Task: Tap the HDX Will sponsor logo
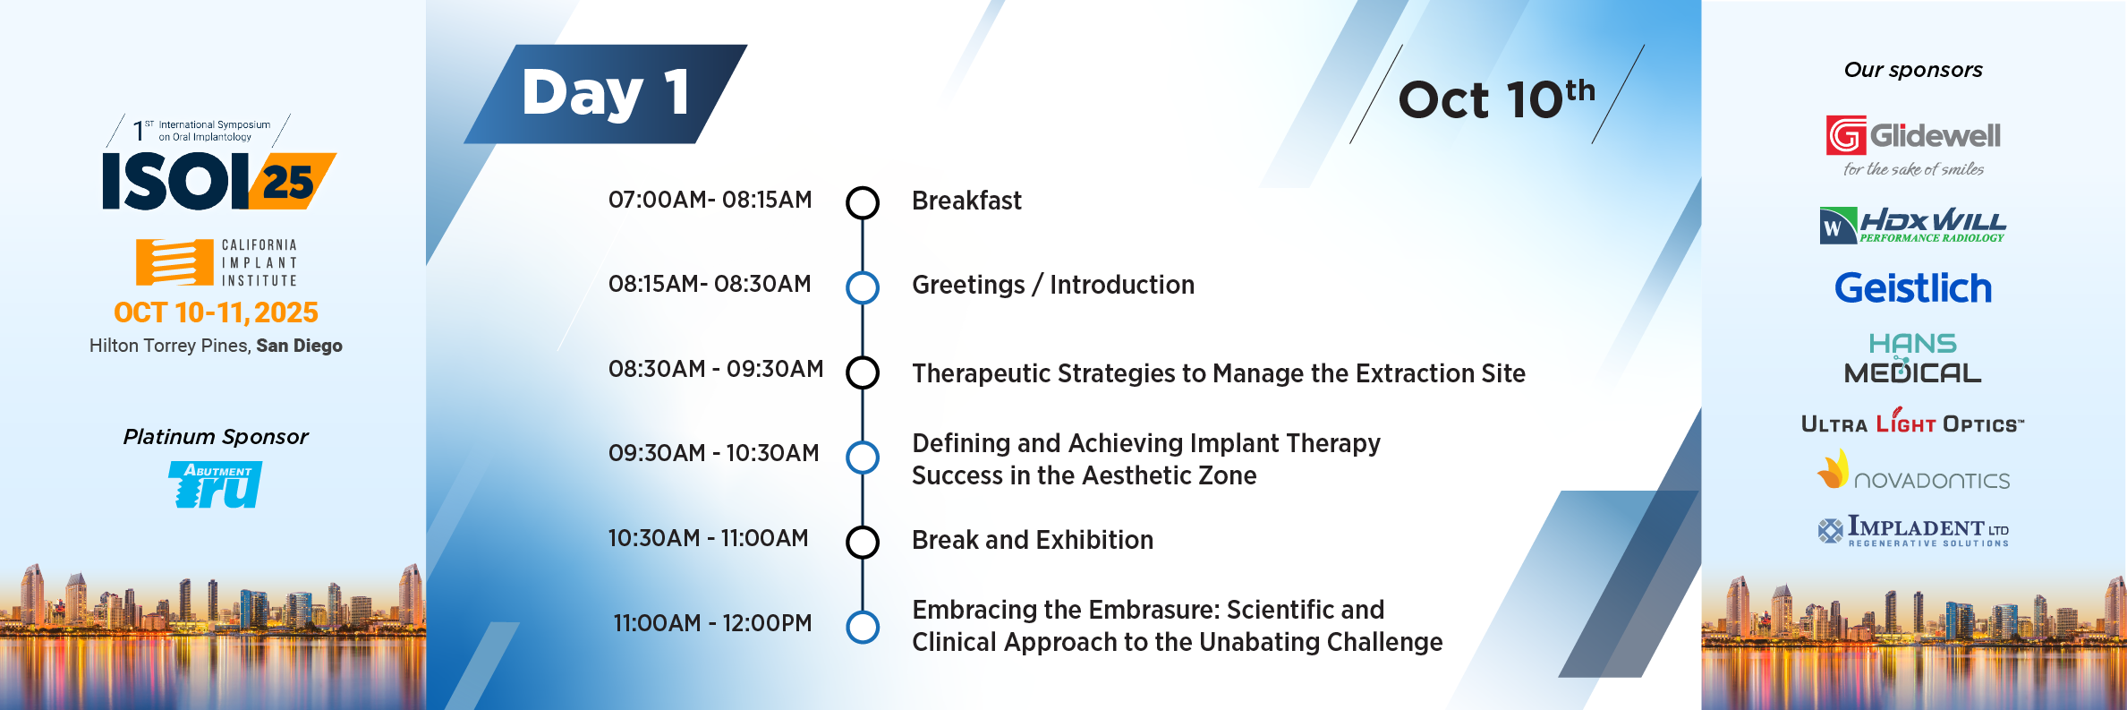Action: tap(1913, 226)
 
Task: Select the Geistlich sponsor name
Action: tap(1913, 288)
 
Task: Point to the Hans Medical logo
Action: tap(1913, 358)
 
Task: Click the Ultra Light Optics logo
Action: tap(1913, 421)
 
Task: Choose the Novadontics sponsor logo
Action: tap(1913, 471)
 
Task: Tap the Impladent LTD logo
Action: tap(1913, 531)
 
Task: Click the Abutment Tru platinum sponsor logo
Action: tap(216, 484)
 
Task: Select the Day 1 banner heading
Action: tap(606, 93)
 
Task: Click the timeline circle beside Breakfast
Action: tap(863, 202)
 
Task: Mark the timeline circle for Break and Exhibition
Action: tap(863, 542)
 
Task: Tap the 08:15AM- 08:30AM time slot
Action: tap(710, 284)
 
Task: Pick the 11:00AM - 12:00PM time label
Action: tap(712, 623)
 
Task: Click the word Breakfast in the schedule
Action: tap(966, 201)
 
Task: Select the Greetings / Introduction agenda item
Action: tap(1053, 285)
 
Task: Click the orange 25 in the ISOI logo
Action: tap(288, 183)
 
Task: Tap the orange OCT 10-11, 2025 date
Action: tap(216, 312)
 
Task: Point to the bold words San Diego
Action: tap(299, 346)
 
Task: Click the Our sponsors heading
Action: tap(1913, 70)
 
